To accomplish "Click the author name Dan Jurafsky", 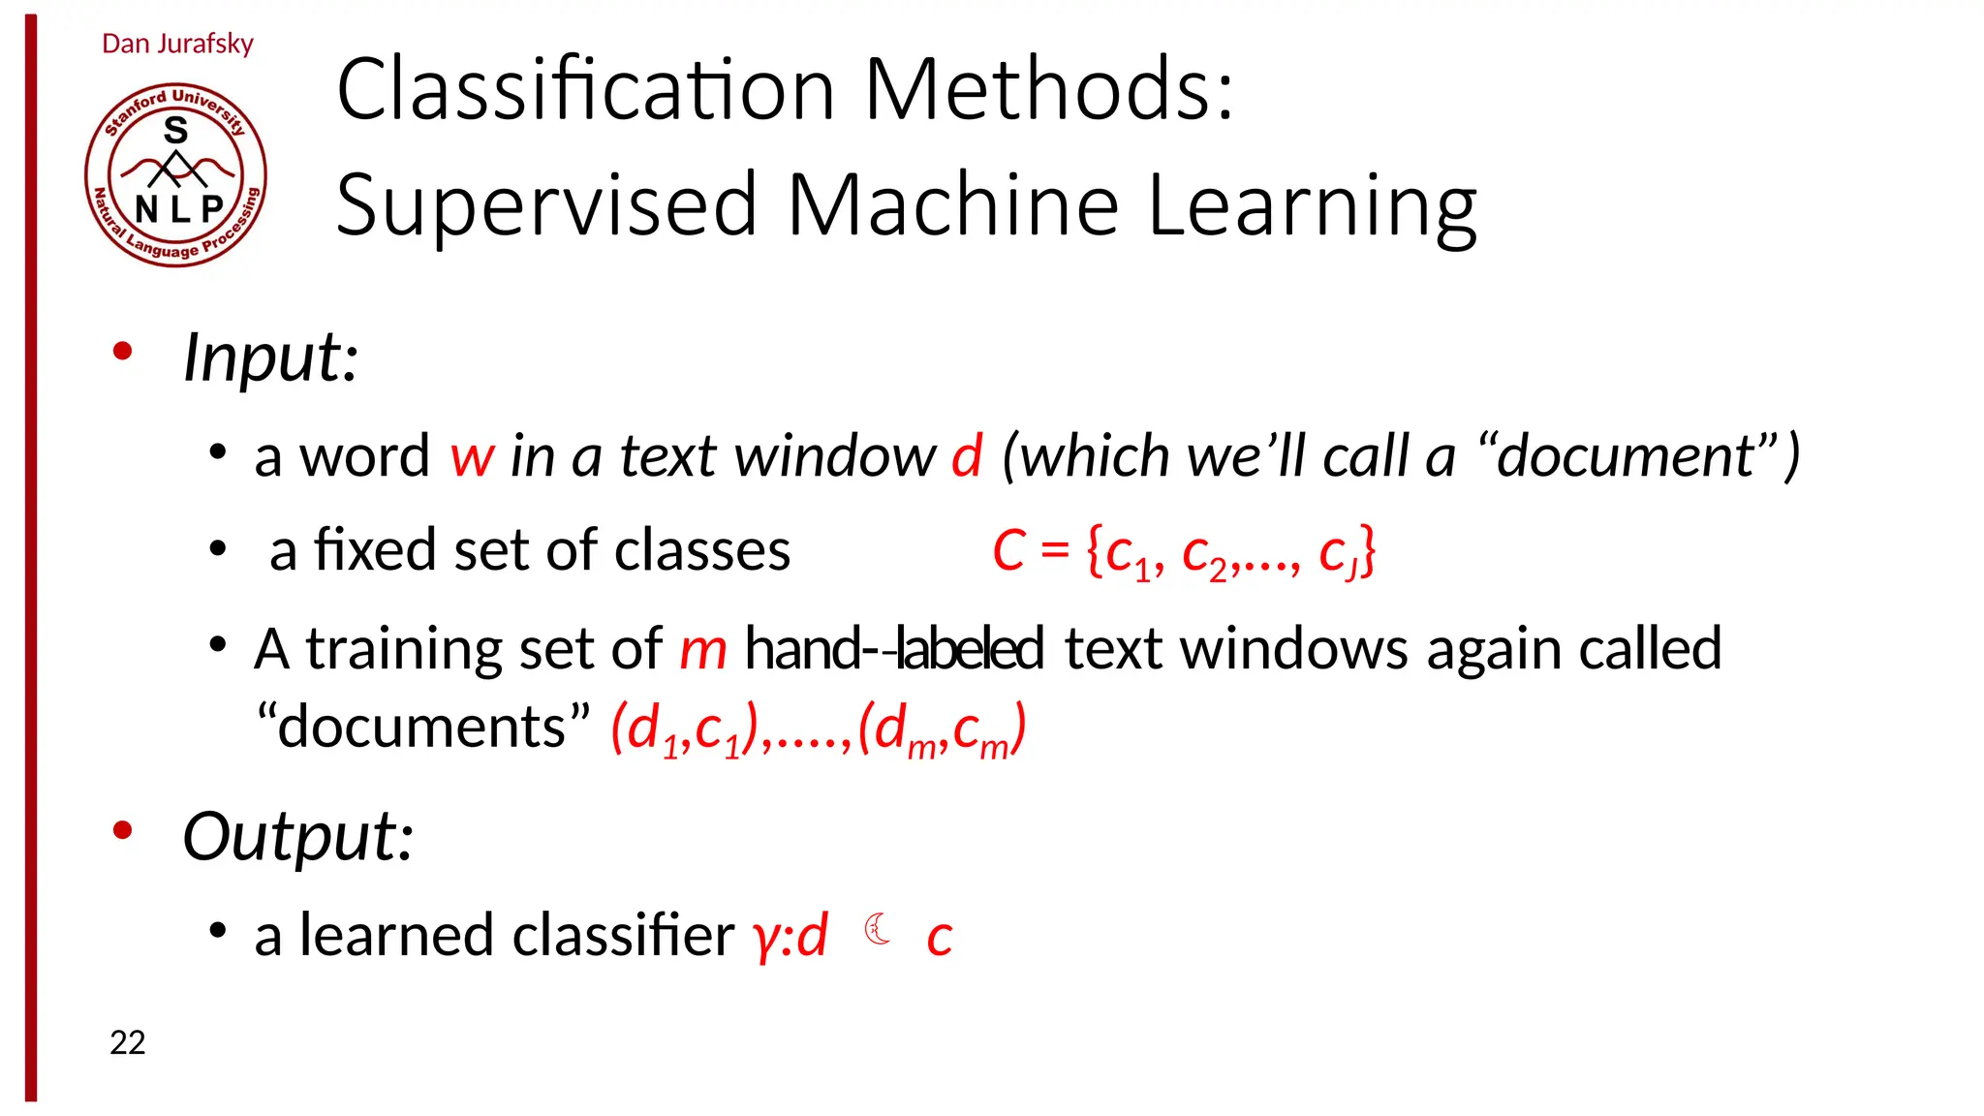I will pos(177,44).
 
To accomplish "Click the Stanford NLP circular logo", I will pos(175,174).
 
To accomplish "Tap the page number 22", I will pos(127,1042).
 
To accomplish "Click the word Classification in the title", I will pos(585,89).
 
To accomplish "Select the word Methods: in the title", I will pos(1049,89).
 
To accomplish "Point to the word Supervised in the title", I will pos(545,204).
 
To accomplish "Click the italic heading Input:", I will pos(271,357).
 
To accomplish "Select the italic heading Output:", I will pos(298,836).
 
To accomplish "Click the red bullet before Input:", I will pos(122,352).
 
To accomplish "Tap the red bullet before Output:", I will pos(122,830).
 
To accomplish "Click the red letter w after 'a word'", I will pos(473,456).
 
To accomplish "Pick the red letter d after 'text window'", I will pos(967,455).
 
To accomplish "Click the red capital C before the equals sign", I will pos(1008,550).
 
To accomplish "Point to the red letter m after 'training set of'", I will pos(702,649).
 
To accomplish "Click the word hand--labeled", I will pos(893,648).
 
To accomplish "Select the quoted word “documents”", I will pos(423,727).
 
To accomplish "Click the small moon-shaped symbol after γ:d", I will pos(878,929).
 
